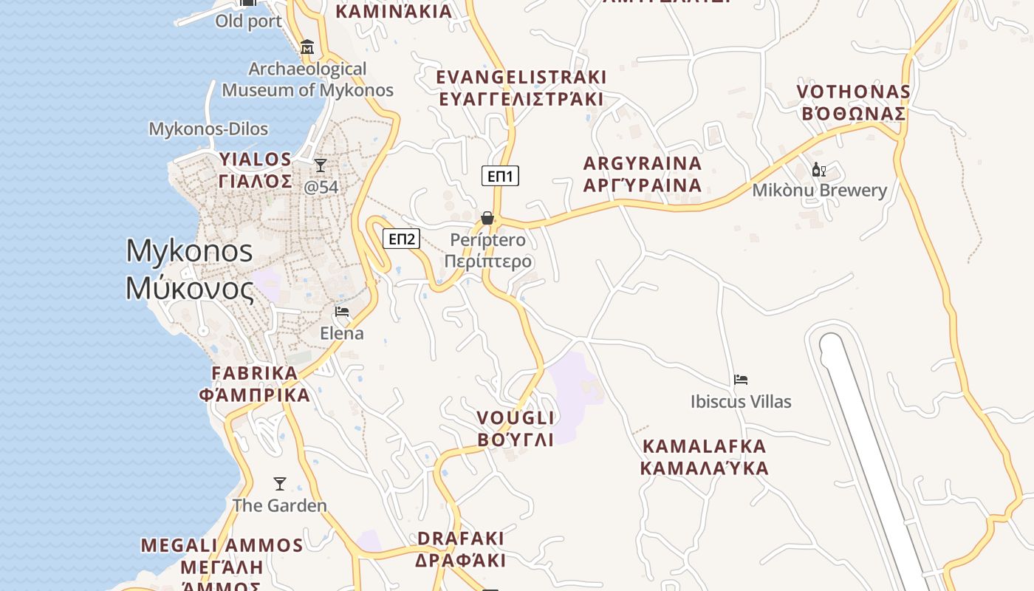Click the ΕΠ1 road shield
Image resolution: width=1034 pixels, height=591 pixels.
coord(501,176)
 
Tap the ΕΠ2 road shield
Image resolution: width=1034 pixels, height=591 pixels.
coord(401,239)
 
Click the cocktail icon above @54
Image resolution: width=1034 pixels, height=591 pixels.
coord(321,165)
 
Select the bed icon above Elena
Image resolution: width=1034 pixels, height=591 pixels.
coord(341,312)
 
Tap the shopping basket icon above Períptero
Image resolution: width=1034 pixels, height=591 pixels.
coord(487,218)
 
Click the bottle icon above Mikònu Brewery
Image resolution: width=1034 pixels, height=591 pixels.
coord(818,170)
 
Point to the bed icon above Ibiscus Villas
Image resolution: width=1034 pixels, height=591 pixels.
coord(741,380)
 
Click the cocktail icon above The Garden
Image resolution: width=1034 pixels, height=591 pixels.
coord(280,484)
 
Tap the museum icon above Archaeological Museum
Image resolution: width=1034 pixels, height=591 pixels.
coord(307,47)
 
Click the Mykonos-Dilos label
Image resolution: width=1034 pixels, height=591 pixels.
coord(208,129)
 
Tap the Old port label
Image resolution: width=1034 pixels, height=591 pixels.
coord(248,21)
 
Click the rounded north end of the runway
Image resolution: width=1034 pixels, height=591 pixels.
coord(832,345)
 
